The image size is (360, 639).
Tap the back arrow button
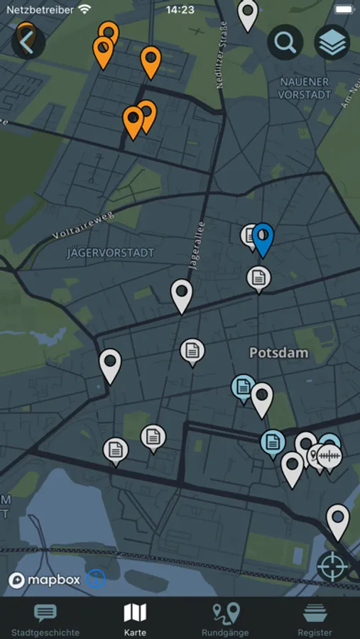tap(28, 43)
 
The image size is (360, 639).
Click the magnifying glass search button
tap(285, 43)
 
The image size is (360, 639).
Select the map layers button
tap(332, 43)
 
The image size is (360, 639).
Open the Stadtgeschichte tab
tap(45, 619)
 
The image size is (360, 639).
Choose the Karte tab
tap(135, 619)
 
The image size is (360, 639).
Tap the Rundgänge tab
tap(224, 619)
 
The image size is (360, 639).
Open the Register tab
tap(315, 619)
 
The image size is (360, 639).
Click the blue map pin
tap(263, 236)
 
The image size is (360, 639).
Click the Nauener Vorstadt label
tap(305, 88)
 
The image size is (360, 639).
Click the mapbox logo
tap(45, 580)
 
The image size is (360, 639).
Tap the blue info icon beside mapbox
tap(96, 579)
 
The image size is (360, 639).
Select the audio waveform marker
tap(329, 456)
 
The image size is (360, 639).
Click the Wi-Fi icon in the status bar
tap(85, 10)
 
